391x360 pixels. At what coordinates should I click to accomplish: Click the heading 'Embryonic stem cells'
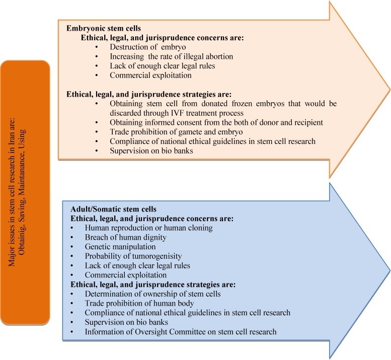pos(104,28)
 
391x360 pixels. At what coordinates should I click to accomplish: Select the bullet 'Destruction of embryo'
pos(147,47)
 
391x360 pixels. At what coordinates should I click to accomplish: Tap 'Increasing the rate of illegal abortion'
pos(171,56)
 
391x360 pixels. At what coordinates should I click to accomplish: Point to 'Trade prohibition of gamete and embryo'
pos(176,132)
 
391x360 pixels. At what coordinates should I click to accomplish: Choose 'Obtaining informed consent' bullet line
pos(216,122)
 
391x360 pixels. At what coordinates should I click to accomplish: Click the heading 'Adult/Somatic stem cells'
pos(113,209)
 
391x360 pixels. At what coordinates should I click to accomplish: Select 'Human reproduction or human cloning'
pos(148,228)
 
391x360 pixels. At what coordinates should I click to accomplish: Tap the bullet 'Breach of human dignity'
pos(125,237)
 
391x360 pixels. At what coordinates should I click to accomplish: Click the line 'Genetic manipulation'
pos(120,247)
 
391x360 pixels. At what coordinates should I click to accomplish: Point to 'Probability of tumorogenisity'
pos(133,256)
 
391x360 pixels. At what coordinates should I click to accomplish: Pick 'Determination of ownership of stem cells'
pos(152,294)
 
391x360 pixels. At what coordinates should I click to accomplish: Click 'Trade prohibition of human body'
pos(139,304)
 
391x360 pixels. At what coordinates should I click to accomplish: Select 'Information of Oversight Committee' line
pos(181,332)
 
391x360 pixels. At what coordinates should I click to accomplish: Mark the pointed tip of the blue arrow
pos(389,270)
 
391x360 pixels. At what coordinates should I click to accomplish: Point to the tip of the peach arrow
pos(389,90)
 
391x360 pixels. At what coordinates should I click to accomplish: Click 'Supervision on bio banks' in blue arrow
pos(126,322)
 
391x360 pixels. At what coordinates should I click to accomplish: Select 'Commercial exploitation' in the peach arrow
pos(150,76)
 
